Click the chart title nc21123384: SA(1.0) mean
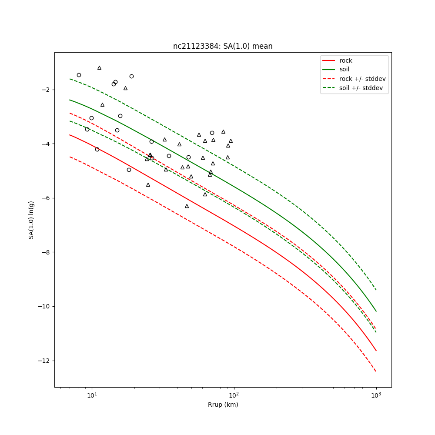(223, 46)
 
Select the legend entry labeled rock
(346, 60)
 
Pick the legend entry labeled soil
(345, 69)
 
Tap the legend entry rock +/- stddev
(362, 79)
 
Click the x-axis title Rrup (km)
(223, 405)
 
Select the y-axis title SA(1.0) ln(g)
(31, 220)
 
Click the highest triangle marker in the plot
(99, 68)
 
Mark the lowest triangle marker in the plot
(187, 206)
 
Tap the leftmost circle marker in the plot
(79, 75)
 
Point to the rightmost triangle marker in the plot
(231, 141)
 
